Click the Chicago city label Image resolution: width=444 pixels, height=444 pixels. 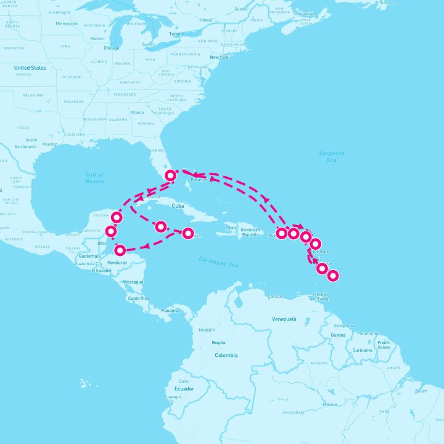point(112,47)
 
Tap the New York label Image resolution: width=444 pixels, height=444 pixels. point(220,57)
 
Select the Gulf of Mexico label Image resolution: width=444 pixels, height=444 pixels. point(94,178)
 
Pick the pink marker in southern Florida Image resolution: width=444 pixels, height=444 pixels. point(171,176)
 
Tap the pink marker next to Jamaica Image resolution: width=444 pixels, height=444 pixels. point(188,232)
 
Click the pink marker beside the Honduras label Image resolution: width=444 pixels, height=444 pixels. point(120,250)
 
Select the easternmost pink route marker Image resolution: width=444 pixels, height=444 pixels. point(332,276)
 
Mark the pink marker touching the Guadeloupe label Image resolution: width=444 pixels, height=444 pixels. point(315,244)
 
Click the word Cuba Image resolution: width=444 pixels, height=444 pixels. point(179,207)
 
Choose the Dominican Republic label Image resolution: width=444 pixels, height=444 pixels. point(252,232)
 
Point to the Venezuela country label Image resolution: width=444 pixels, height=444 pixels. point(284,319)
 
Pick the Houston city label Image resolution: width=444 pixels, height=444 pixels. point(51,144)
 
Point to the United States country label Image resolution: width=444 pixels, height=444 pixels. point(30,68)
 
